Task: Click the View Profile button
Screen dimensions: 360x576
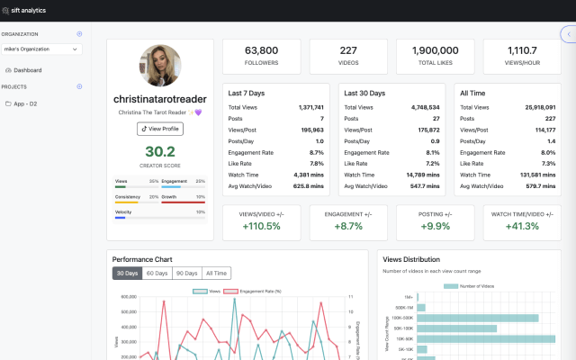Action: coord(160,129)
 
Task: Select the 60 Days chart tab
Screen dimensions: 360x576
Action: coord(157,273)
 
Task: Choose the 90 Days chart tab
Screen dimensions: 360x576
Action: coord(187,273)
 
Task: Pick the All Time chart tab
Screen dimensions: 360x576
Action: coord(216,273)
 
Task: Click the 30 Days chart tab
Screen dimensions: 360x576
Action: coord(127,273)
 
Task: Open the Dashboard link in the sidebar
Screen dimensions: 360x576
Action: coord(28,69)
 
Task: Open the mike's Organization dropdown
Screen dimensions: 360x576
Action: coord(42,49)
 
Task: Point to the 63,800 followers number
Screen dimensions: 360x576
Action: coord(261,50)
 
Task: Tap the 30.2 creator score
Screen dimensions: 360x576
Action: coord(160,151)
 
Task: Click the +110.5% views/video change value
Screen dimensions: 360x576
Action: coord(261,225)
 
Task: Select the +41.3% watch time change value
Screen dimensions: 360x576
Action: coord(523,225)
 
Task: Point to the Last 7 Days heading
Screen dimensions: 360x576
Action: coord(246,93)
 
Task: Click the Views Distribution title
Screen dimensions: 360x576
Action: coord(411,259)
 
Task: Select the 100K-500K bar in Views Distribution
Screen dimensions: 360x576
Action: coord(477,318)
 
